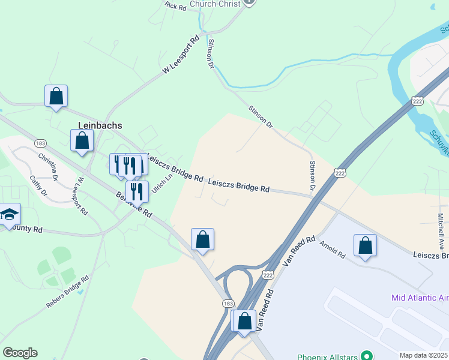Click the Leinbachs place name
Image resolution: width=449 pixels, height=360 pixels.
click(x=100, y=125)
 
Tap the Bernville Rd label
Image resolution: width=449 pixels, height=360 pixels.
click(x=133, y=205)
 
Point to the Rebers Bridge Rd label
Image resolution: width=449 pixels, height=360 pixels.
click(x=68, y=292)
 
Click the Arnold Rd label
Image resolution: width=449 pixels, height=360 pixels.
click(x=333, y=250)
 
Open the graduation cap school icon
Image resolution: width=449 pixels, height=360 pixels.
click(x=9, y=215)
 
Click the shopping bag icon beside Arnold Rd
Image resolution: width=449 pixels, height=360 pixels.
click(x=365, y=245)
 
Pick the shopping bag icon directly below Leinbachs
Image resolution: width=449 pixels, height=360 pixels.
click(x=82, y=141)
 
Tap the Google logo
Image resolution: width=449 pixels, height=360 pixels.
click(x=20, y=353)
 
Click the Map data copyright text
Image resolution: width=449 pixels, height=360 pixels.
click(x=424, y=355)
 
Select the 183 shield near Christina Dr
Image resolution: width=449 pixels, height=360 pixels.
click(x=41, y=143)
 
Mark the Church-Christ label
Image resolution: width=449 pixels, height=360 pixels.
click(x=215, y=4)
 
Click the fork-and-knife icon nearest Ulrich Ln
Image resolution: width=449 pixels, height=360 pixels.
click(x=137, y=191)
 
